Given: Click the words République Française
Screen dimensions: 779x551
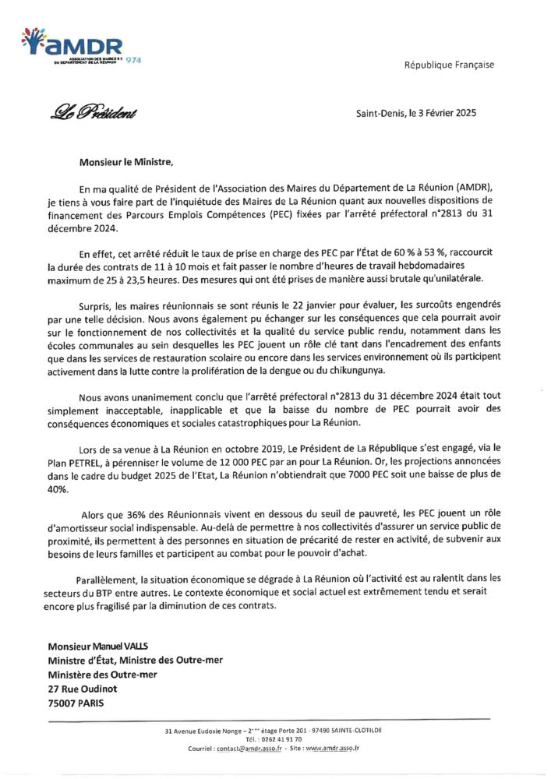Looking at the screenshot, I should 448,65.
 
